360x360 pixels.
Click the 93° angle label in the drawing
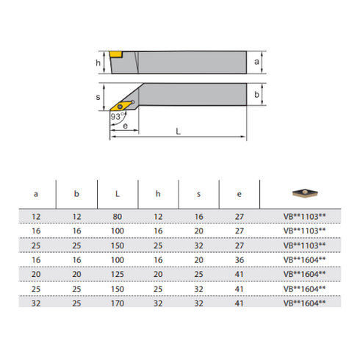115,115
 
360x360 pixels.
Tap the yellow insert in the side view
118,54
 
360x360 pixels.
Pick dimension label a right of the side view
256,62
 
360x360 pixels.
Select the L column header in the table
119,195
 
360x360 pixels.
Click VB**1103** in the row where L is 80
303,217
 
